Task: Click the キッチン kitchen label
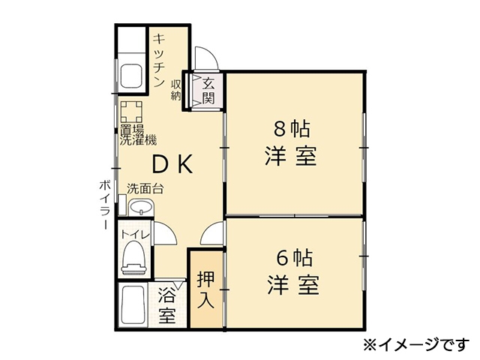pos(159,61)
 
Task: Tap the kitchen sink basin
pos(131,76)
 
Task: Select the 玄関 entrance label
pos(208,91)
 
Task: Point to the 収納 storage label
pos(176,90)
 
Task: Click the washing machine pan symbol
pos(131,112)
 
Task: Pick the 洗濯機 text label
pos(138,140)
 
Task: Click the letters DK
pos(172,164)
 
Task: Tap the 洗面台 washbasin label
pos(145,188)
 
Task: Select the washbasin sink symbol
pos(141,207)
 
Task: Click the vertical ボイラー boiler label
pos(104,205)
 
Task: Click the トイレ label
pos(136,235)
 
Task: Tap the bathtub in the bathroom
pos(133,305)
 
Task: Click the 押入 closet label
pos(205,289)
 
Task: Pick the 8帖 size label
pos(292,129)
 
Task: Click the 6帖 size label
pos(295,258)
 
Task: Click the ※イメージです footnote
pos(416,345)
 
